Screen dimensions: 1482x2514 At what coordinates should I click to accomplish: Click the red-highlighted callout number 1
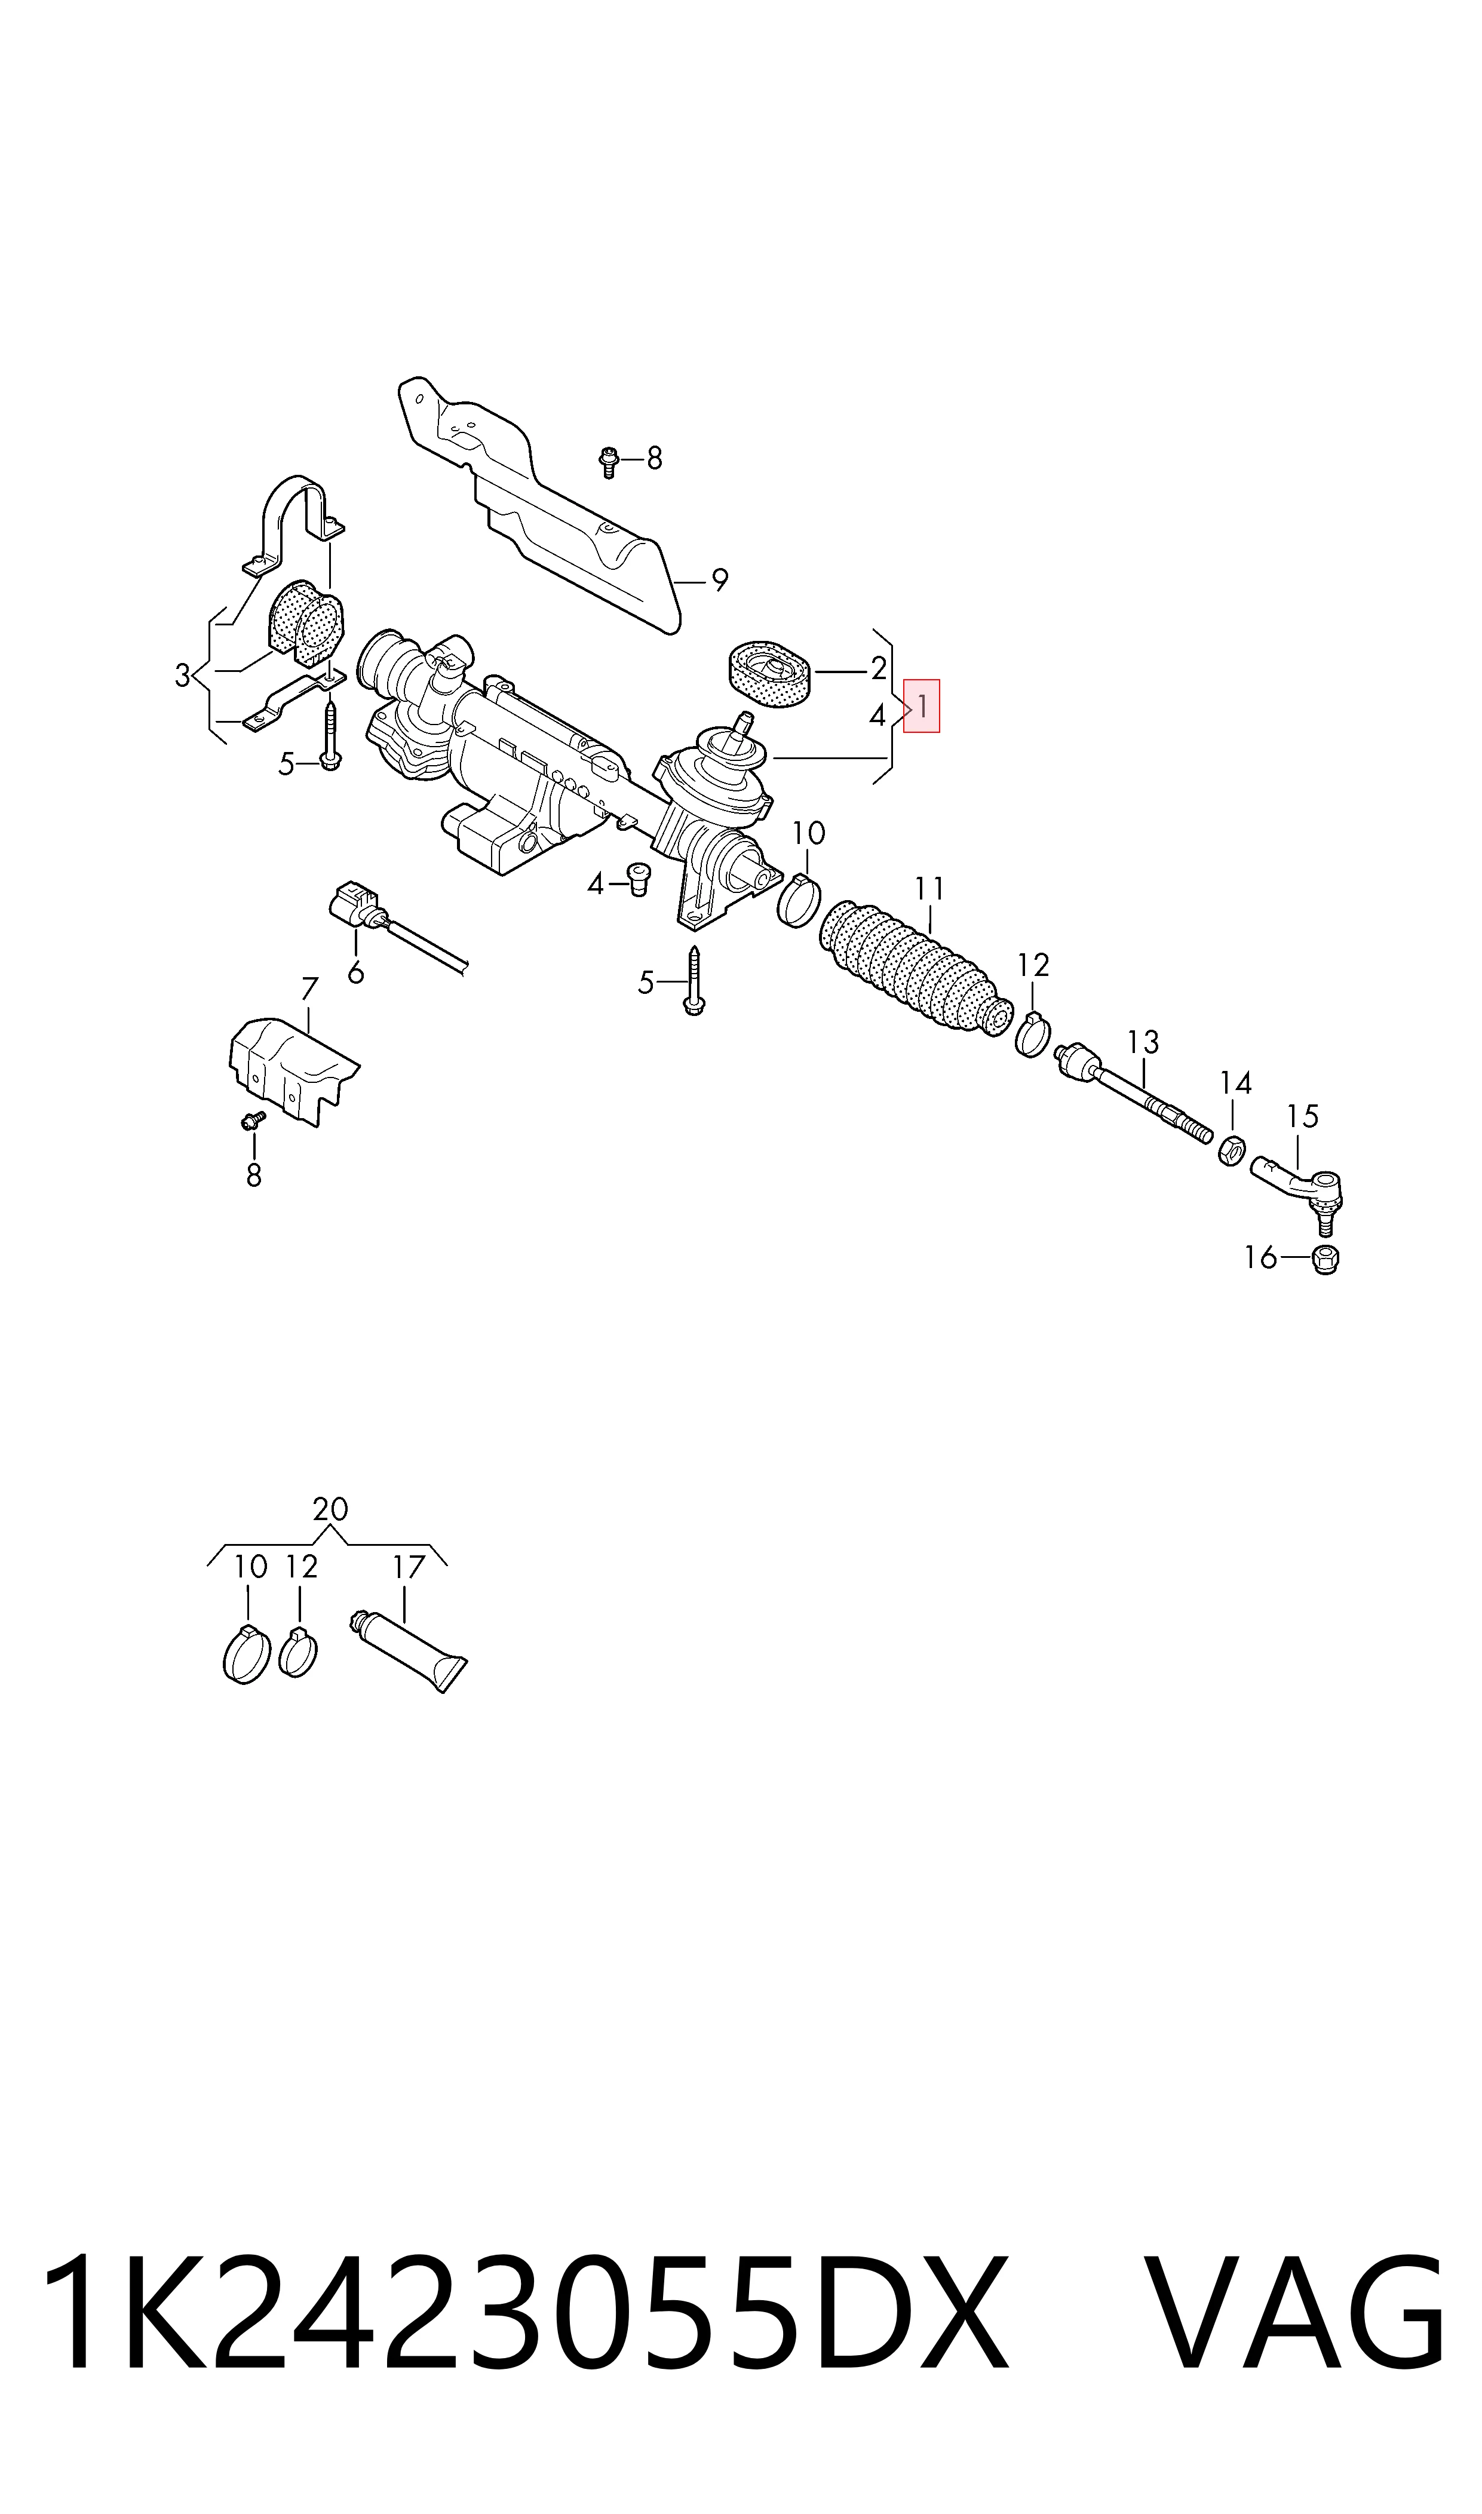point(922,706)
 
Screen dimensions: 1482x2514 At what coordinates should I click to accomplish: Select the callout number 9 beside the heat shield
point(719,579)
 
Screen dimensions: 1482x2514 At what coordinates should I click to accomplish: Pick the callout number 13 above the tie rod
point(1143,1042)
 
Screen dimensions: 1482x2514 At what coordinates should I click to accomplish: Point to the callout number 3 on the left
point(182,676)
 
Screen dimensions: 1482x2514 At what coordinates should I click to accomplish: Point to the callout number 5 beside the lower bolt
point(646,983)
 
